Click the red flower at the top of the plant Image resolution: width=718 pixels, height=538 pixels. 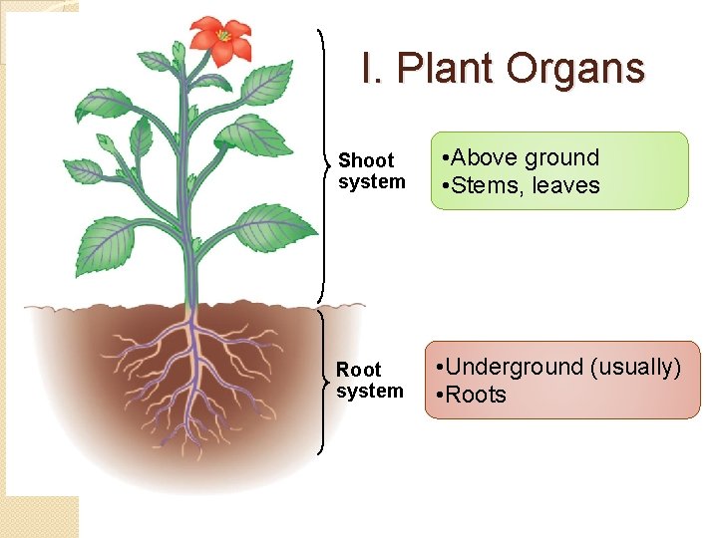pyautogui.click(x=221, y=41)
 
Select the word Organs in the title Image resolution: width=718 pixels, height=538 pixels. pyautogui.click(x=575, y=69)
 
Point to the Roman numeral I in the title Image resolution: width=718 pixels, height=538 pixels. pyautogui.click(x=369, y=69)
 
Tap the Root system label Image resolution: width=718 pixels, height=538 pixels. pyautogui.click(x=369, y=380)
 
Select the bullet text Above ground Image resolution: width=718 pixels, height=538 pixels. pyautogui.click(x=520, y=157)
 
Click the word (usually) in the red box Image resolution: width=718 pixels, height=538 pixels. pyautogui.click(x=635, y=367)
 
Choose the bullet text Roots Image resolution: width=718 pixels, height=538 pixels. pyautogui.click(x=471, y=395)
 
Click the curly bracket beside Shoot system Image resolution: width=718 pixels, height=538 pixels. pyautogui.click(x=323, y=164)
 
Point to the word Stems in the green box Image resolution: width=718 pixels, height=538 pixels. pyautogui.click(x=485, y=185)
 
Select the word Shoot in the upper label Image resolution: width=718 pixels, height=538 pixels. pyautogui.click(x=366, y=160)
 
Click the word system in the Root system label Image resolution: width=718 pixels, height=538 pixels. pyautogui.click(x=369, y=391)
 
